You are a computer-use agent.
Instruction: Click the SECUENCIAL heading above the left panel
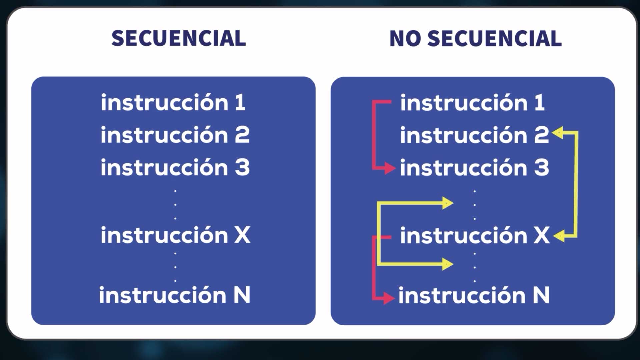[x=179, y=38]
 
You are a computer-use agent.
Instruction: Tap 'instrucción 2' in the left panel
[x=175, y=135]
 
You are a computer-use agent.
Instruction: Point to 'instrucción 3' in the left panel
[x=175, y=167]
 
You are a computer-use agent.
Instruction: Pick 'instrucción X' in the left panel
[x=175, y=235]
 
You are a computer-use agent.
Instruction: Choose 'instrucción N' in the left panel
[x=175, y=295]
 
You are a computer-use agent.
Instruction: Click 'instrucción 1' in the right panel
[x=473, y=102]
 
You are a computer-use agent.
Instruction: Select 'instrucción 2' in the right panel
[x=474, y=135]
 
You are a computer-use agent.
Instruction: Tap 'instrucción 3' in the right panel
[x=474, y=167]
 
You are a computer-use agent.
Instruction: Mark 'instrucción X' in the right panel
[x=475, y=235]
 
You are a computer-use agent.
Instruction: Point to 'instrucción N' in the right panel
[x=474, y=295]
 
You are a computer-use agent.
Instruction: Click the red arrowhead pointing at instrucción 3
[x=390, y=168]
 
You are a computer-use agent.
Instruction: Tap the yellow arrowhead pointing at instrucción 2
[x=558, y=133]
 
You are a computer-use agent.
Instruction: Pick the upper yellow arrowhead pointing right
[x=448, y=203]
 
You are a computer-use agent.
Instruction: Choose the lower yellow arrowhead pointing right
[x=448, y=264]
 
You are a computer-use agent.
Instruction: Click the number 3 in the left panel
[x=242, y=167]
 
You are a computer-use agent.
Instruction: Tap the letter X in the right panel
[x=542, y=235]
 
